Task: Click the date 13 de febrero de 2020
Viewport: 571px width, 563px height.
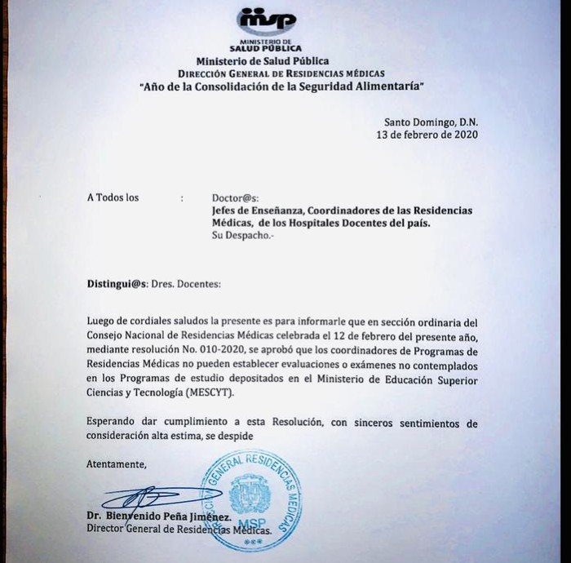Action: pos(427,135)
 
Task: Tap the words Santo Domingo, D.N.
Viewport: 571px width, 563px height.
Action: pos(431,122)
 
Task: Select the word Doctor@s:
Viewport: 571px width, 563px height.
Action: pos(235,197)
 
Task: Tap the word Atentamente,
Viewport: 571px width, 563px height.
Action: pos(117,464)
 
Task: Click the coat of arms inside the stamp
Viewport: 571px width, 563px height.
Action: pos(250,494)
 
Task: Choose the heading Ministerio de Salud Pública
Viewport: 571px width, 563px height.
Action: pos(263,61)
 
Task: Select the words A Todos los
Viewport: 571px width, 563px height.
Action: pos(113,197)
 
